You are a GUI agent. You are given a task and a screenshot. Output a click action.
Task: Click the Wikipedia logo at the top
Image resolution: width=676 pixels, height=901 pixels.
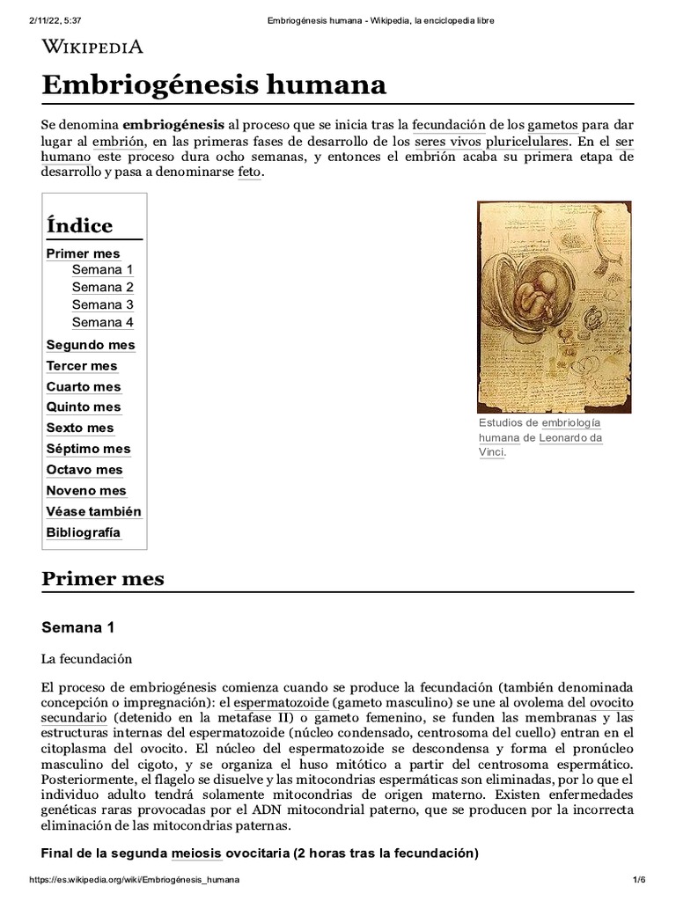pyautogui.click(x=92, y=47)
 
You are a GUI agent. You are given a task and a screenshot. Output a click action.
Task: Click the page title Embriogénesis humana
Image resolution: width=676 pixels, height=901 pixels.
pyautogui.click(x=214, y=85)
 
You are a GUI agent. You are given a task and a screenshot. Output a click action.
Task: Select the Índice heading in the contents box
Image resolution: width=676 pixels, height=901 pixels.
pyautogui.click(x=79, y=225)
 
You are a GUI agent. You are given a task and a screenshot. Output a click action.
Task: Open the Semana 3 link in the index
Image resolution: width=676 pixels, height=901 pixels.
pyautogui.click(x=103, y=304)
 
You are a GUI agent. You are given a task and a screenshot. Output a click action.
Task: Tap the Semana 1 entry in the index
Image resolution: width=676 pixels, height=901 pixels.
pyautogui.click(x=103, y=269)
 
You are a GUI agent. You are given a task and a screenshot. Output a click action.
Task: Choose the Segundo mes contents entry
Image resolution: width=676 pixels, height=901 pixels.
pyautogui.click(x=91, y=345)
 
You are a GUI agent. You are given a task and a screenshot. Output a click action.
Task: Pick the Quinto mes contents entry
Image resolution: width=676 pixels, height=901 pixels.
pyautogui.click(x=84, y=407)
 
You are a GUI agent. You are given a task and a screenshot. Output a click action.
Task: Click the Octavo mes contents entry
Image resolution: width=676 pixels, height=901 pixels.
pyautogui.click(x=84, y=470)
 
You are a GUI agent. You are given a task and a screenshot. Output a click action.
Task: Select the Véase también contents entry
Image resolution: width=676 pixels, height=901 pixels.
pyautogui.click(x=93, y=511)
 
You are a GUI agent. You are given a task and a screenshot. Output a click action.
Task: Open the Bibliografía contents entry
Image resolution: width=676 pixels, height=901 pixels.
pyautogui.click(x=84, y=532)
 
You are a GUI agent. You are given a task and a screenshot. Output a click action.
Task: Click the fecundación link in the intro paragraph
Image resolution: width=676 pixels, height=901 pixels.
pyautogui.click(x=449, y=125)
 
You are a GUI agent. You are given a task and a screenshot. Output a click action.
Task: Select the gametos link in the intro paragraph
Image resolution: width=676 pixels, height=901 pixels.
pyautogui.click(x=553, y=125)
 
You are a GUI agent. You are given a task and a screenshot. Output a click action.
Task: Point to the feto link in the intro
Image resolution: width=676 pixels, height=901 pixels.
pyautogui.click(x=249, y=172)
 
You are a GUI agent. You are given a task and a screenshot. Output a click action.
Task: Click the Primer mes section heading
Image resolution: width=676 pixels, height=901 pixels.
pyautogui.click(x=103, y=579)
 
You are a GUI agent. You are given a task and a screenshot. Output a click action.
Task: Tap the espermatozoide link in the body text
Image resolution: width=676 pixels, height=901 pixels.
pyautogui.click(x=281, y=702)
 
